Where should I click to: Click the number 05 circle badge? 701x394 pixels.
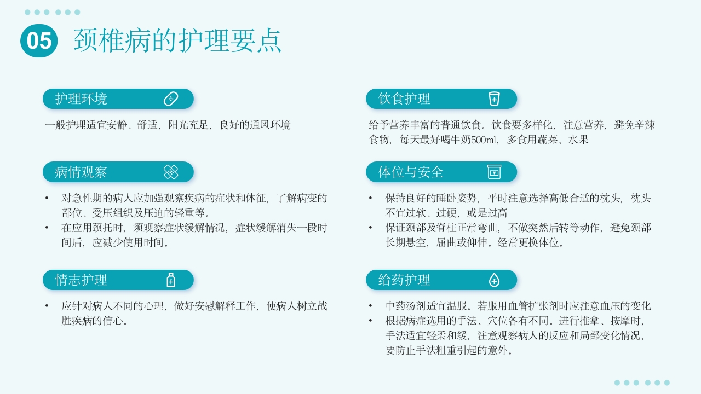coord(39,41)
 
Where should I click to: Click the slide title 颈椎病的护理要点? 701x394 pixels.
coord(177,40)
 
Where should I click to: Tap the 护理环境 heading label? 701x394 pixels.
coord(81,99)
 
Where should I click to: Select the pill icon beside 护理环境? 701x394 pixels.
coord(171,99)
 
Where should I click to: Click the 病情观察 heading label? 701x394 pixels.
coord(81,172)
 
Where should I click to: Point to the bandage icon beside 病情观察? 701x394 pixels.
coord(171,172)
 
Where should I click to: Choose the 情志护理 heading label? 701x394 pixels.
coord(81,280)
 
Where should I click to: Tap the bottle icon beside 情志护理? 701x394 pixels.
coord(171,280)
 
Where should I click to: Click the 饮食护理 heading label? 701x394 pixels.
coord(404,99)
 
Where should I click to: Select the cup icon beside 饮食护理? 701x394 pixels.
coord(494,99)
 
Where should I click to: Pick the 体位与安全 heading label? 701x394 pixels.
coord(411,172)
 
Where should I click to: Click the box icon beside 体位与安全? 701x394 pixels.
coord(494,172)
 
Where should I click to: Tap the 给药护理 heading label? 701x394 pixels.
coord(404,280)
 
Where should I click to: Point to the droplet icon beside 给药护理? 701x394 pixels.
coord(494,280)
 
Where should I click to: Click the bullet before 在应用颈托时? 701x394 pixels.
coord(47,228)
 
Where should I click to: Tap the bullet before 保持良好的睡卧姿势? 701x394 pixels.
coord(371,198)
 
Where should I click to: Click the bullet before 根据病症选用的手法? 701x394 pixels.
coord(371,321)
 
